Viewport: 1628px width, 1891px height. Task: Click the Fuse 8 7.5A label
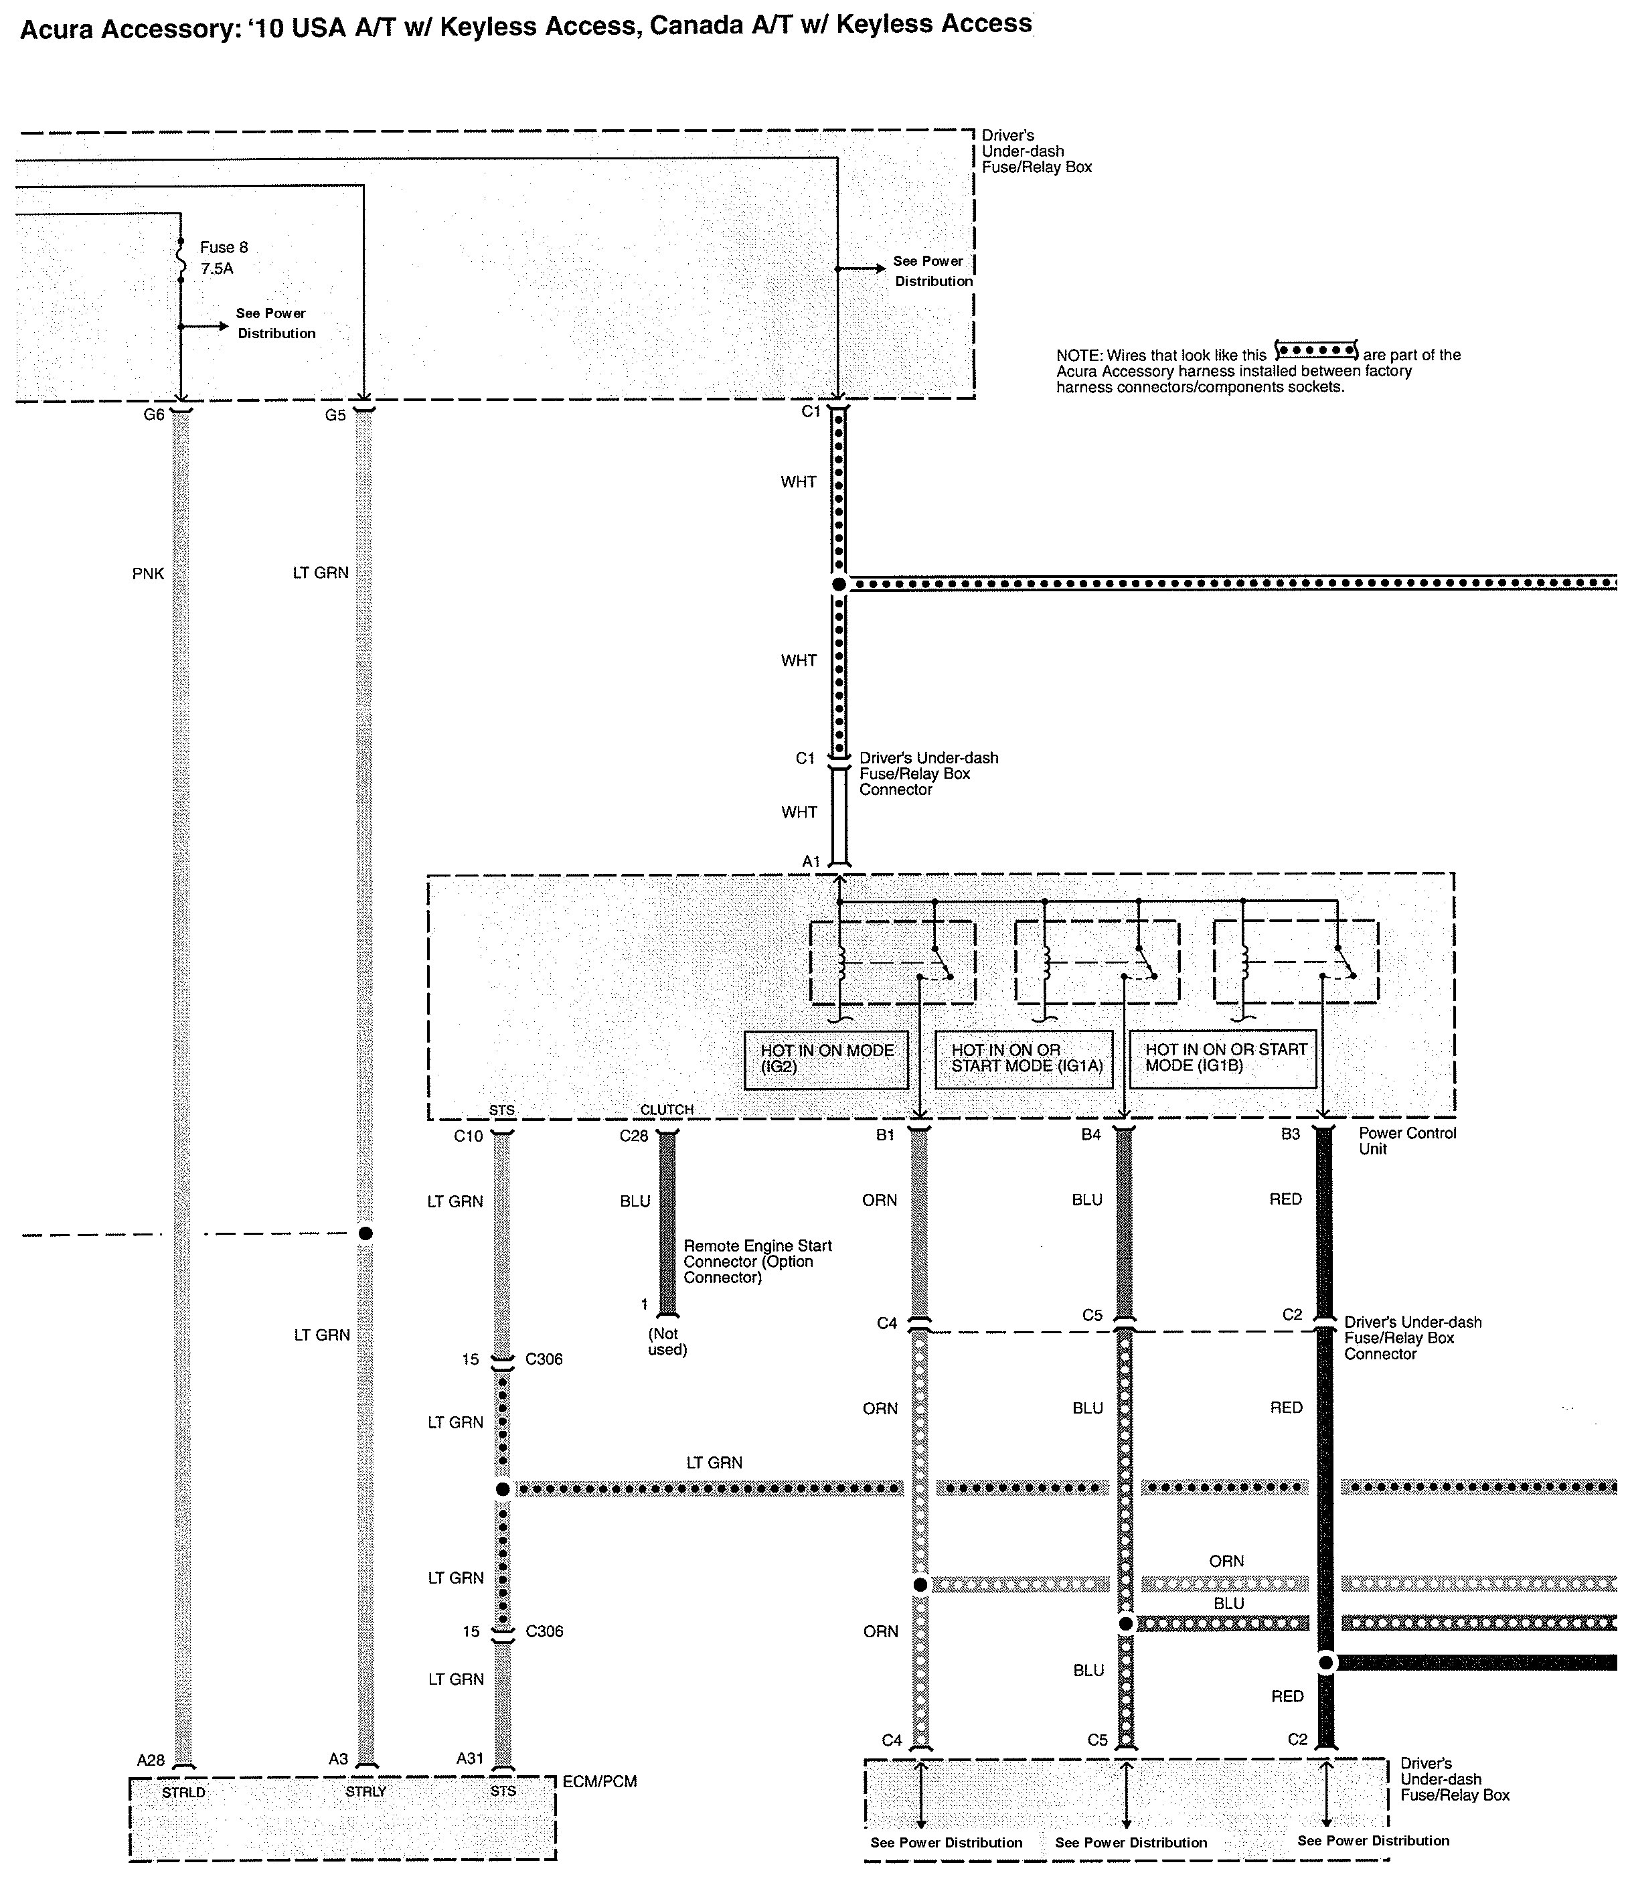click(224, 257)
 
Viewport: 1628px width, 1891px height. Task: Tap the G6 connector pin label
click(153, 415)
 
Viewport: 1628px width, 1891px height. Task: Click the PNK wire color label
click(148, 574)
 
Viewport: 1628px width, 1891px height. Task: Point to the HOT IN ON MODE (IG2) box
click(826, 1059)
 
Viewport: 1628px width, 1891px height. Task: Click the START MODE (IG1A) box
click(1024, 1059)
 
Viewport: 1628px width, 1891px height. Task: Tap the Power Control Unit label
click(1407, 1141)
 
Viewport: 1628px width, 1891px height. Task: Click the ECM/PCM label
click(600, 1781)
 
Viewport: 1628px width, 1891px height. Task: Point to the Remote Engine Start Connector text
click(757, 1262)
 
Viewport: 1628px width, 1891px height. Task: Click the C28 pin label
click(633, 1136)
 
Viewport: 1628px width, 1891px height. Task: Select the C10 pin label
click(468, 1136)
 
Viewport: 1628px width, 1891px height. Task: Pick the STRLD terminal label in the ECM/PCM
click(183, 1793)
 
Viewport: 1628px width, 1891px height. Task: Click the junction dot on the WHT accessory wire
click(839, 584)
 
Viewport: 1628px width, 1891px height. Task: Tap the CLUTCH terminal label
click(666, 1110)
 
